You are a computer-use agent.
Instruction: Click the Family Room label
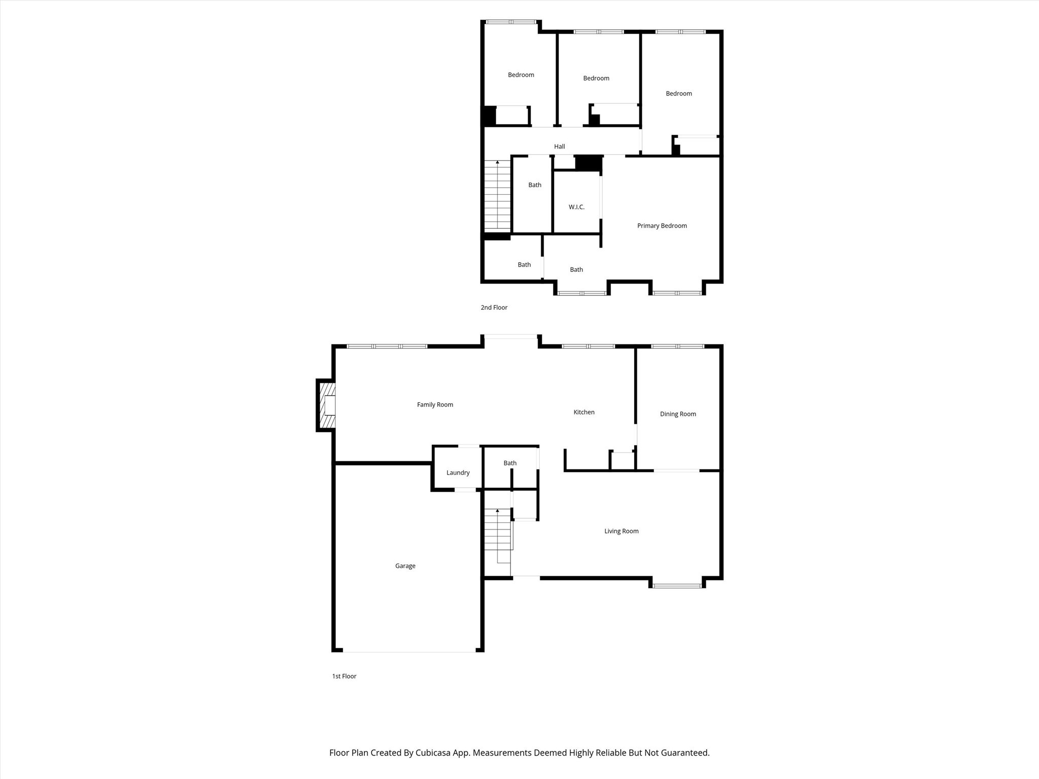tap(435, 405)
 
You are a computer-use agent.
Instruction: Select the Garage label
tap(405, 566)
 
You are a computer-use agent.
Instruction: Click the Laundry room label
tap(458, 473)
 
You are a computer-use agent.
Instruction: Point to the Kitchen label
tap(583, 412)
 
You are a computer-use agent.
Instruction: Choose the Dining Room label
tap(678, 414)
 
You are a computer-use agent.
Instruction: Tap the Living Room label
tap(621, 532)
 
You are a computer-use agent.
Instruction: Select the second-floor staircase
tap(497, 195)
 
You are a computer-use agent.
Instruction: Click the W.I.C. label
tap(576, 207)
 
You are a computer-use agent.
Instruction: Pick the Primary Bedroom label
tap(662, 226)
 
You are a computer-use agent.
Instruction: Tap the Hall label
tap(559, 147)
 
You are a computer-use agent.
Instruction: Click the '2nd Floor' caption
tap(494, 307)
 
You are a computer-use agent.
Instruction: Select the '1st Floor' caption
tap(344, 676)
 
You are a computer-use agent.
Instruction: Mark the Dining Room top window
tap(678, 346)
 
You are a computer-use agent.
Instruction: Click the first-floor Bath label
tap(510, 463)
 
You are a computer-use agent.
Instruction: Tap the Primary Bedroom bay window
tap(677, 293)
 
